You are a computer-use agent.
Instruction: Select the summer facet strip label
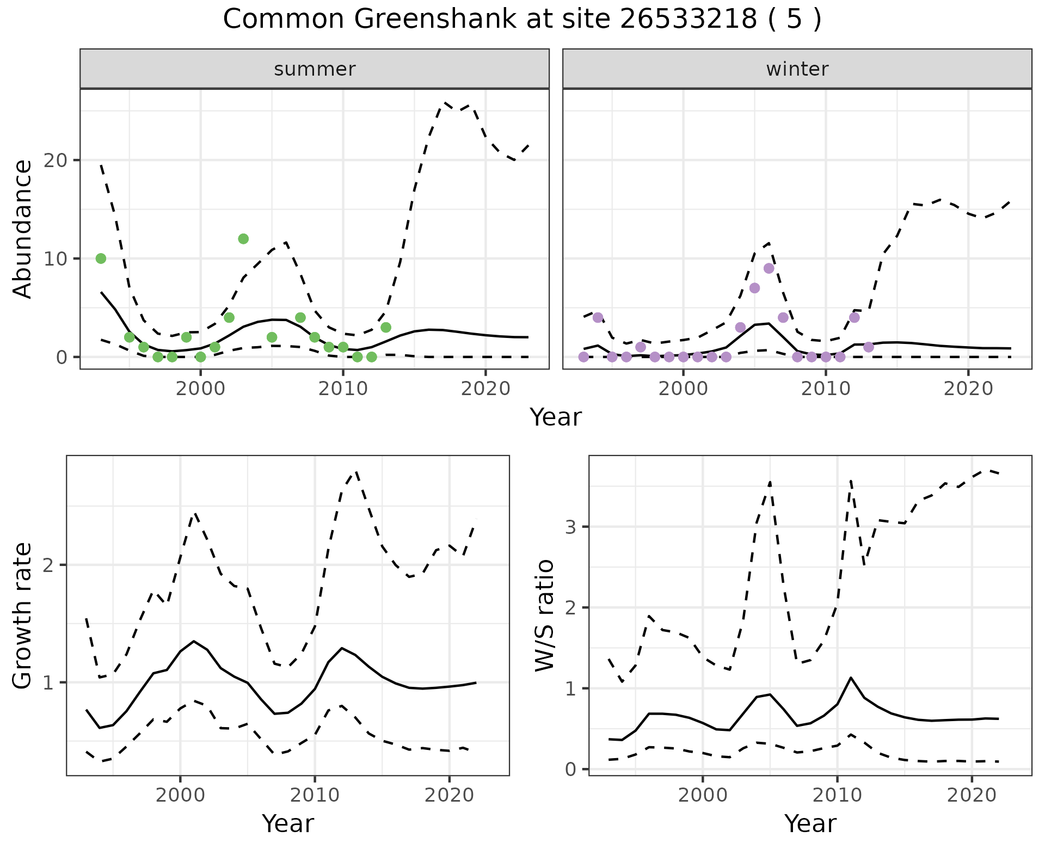tap(315, 69)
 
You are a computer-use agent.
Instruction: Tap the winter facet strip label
tap(797, 69)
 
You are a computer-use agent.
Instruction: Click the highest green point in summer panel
tap(243, 239)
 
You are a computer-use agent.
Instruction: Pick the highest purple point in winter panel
tap(769, 268)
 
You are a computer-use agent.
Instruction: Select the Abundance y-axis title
tap(23, 229)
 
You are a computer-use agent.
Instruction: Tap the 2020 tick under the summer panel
tap(485, 389)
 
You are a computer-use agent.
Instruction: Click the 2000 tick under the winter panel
tap(683, 389)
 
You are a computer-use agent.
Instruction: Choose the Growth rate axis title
tap(23, 616)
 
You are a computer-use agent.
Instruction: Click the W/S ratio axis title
tap(544, 616)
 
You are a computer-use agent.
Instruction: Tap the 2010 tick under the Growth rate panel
tap(315, 795)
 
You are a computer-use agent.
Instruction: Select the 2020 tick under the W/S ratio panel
tap(972, 795)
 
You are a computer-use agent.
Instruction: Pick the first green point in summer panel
tap(101, 259)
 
